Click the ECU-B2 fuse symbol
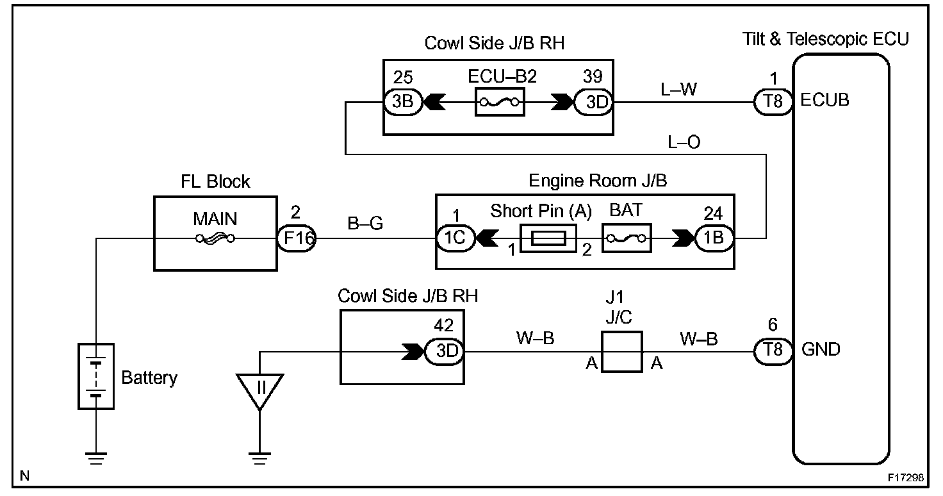(x=500, y=101)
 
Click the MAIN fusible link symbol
(x=215, y=239)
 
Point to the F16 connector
(x=297, y=239)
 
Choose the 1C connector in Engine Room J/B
(x=455, y=239)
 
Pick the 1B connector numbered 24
(x=713, y=239)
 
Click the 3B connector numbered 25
(x=403, y=101)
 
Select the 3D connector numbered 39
(x=593, y=101)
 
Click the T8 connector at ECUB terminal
(x=773, y=101)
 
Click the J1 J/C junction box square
(x=621, y=352)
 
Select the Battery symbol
(x=96, y=376)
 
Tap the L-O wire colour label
(x=684, y=142)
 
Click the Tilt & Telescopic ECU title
(x=825, y=39)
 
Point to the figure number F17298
(x=905, y=477)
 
